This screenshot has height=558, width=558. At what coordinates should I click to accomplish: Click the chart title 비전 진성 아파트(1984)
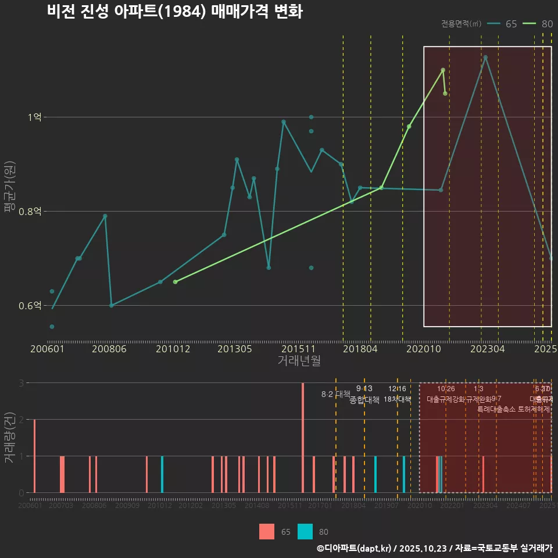click(x=174, y=12)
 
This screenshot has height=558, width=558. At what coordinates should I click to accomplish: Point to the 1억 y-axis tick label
click(x=34, y=117)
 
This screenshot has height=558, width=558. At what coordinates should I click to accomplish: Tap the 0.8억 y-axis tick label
click(x=30, y=212)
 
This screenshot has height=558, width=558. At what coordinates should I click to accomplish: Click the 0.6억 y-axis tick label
click(x=30, y=306)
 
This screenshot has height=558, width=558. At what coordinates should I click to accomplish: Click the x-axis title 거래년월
click(x=299, y=360)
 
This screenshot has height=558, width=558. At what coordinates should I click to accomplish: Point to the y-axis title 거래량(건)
click(x=10, y=438)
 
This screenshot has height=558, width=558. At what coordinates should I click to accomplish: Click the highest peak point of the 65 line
click(x=485, y=58)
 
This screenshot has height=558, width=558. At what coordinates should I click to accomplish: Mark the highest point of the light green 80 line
click(x=443, y=70)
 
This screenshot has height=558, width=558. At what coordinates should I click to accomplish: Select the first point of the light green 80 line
click(x=175, y=282)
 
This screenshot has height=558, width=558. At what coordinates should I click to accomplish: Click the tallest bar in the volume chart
click(x=303, y=438)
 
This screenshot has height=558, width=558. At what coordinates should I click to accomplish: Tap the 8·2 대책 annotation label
click(x=336, y=394)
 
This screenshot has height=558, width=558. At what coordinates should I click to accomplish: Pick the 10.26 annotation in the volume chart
click(x=446, y=389)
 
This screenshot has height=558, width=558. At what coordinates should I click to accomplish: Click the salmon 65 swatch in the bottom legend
click(x=267, y=531)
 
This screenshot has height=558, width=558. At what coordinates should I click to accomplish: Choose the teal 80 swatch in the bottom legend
click(x=305, y=531)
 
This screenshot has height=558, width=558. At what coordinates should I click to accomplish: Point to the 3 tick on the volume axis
click(x=21, y=383)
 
